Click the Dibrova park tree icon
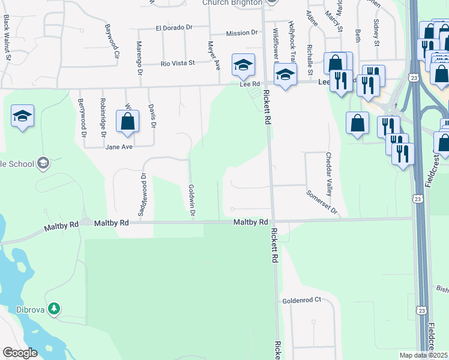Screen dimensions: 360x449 click(x=55, y=308)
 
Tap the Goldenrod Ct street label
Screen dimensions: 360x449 click(x=302, y=299)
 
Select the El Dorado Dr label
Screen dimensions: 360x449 click(x=173, y=28)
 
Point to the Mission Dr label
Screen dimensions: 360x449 click(x=242, y=34)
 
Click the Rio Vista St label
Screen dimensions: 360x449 click(x=178, y=62)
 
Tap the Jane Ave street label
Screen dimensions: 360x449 click(x=118, y=146)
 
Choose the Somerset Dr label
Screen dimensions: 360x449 click(x=322, y=203)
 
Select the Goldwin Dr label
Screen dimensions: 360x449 click(x=191, y=202)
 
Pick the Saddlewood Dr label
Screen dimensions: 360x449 click(x=143, y=196)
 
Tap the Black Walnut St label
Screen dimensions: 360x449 click(x=6, y=32)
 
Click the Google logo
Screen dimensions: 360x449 click(x=20, y=353)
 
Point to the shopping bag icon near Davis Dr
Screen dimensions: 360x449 click(x=128, y=122)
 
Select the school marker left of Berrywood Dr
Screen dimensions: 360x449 click(x=22, y=116)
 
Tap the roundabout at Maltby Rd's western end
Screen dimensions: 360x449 click(x=86, y=222)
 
